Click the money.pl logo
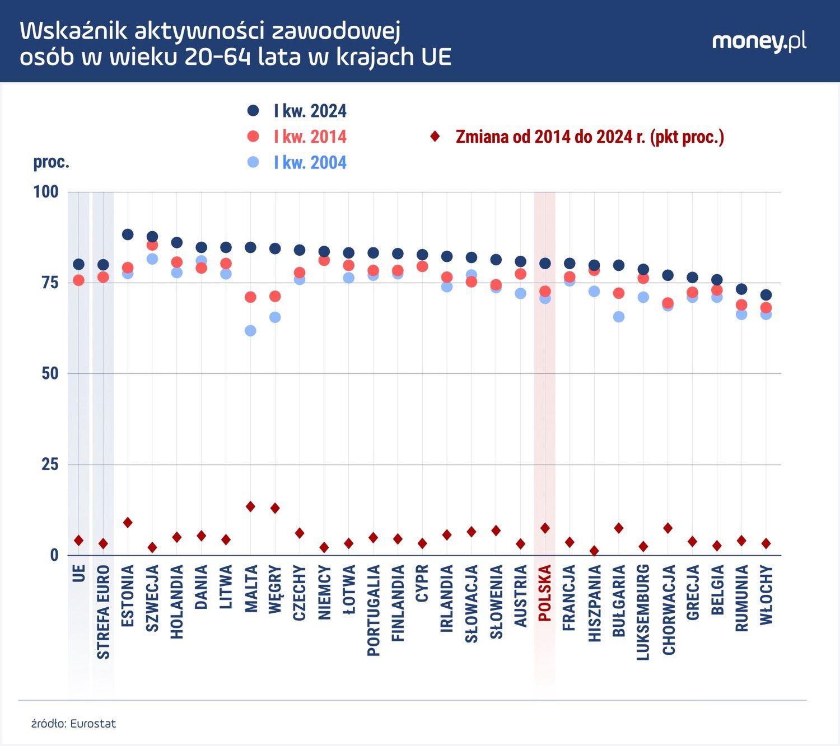click(759, 42)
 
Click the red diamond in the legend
click(435, 137)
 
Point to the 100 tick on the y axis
click(46, 192)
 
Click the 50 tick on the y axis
click(50, 374)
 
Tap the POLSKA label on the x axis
click(544, 593)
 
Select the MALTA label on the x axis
click(251, 589)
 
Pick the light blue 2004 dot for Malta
click(250, 331)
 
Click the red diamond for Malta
click(250, 506)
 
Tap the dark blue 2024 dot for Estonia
click(128, 234)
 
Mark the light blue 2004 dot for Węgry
click(275, 317)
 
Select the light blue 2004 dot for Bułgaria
click(619, 317)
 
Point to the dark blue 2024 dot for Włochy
click(766, 295)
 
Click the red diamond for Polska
click(545, 528)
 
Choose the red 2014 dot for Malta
click(250, 297)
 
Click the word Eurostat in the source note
click(93, 724)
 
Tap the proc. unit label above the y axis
click(51, 162)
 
